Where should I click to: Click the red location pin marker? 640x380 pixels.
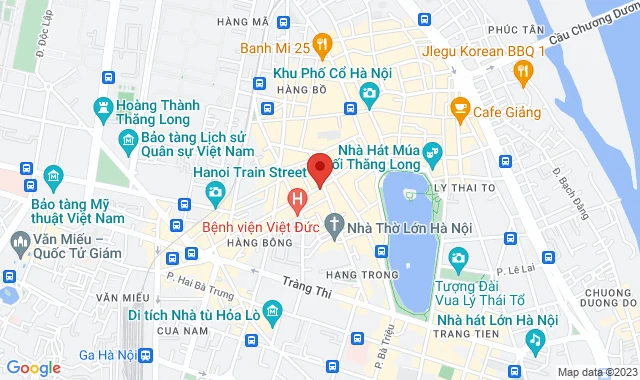pyautogui.click(x=320, y=168)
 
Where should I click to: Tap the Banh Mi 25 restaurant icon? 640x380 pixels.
pyautogui.click(x=321, y=44)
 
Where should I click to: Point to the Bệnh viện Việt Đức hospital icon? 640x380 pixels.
pyautogui.click(x=297, y=199)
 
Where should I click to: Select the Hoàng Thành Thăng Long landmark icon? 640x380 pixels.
pyautogui.click(x=104, y=106)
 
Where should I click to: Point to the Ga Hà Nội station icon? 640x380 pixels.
pyautogui.click(x=147, y=355)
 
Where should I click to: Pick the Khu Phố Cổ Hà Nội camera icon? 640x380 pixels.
pyautogui.click(x=369, y=94)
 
